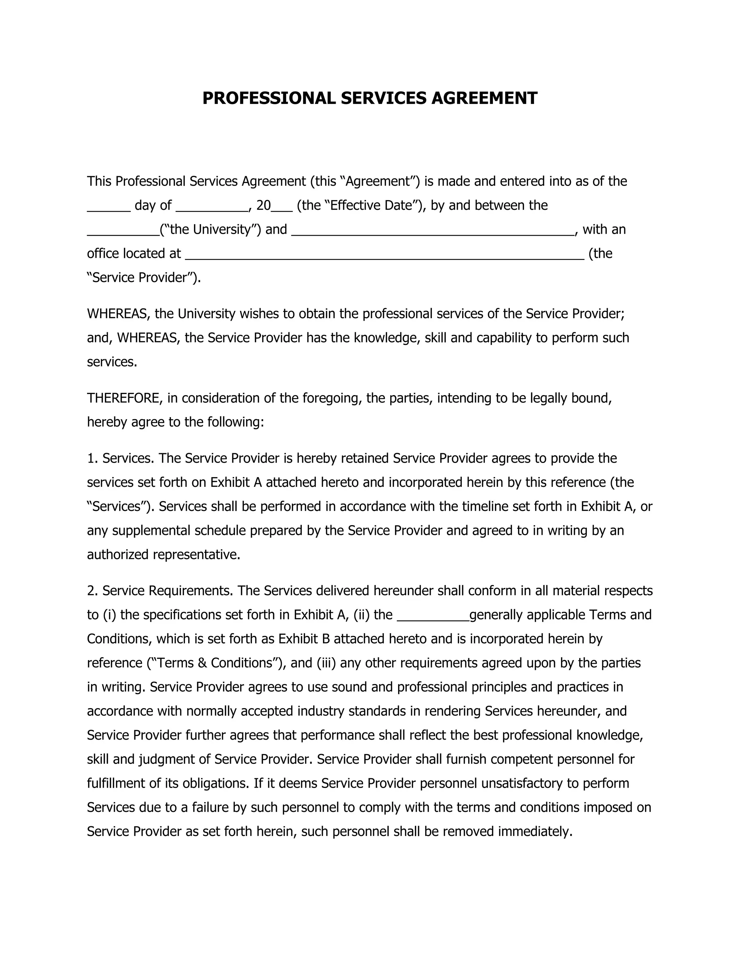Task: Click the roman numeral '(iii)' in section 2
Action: click(x=326, y=663)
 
